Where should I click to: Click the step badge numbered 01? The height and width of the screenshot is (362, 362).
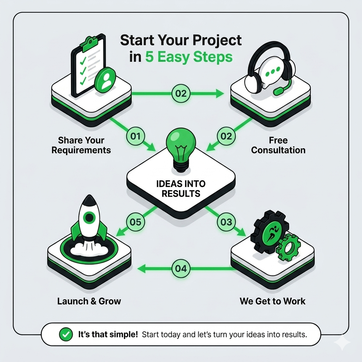135,136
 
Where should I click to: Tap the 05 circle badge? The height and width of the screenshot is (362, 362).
135,222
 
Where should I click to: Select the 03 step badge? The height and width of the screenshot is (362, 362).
226,222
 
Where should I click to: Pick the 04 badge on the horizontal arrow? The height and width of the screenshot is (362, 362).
181,269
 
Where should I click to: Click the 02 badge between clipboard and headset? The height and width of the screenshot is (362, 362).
181,93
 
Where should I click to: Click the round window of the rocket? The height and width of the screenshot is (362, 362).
89,217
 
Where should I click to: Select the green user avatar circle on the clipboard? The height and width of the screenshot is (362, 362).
105,80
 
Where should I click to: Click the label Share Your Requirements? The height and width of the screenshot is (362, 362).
81,145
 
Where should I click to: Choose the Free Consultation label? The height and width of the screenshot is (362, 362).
278,145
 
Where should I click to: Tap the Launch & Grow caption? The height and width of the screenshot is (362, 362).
89,301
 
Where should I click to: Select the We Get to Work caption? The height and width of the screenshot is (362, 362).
273,301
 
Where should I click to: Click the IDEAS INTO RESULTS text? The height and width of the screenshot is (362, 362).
181,189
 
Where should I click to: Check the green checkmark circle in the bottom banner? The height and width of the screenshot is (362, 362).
66,334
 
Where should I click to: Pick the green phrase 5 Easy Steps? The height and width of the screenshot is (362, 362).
189,57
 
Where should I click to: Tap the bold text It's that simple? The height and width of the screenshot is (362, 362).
108,334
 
